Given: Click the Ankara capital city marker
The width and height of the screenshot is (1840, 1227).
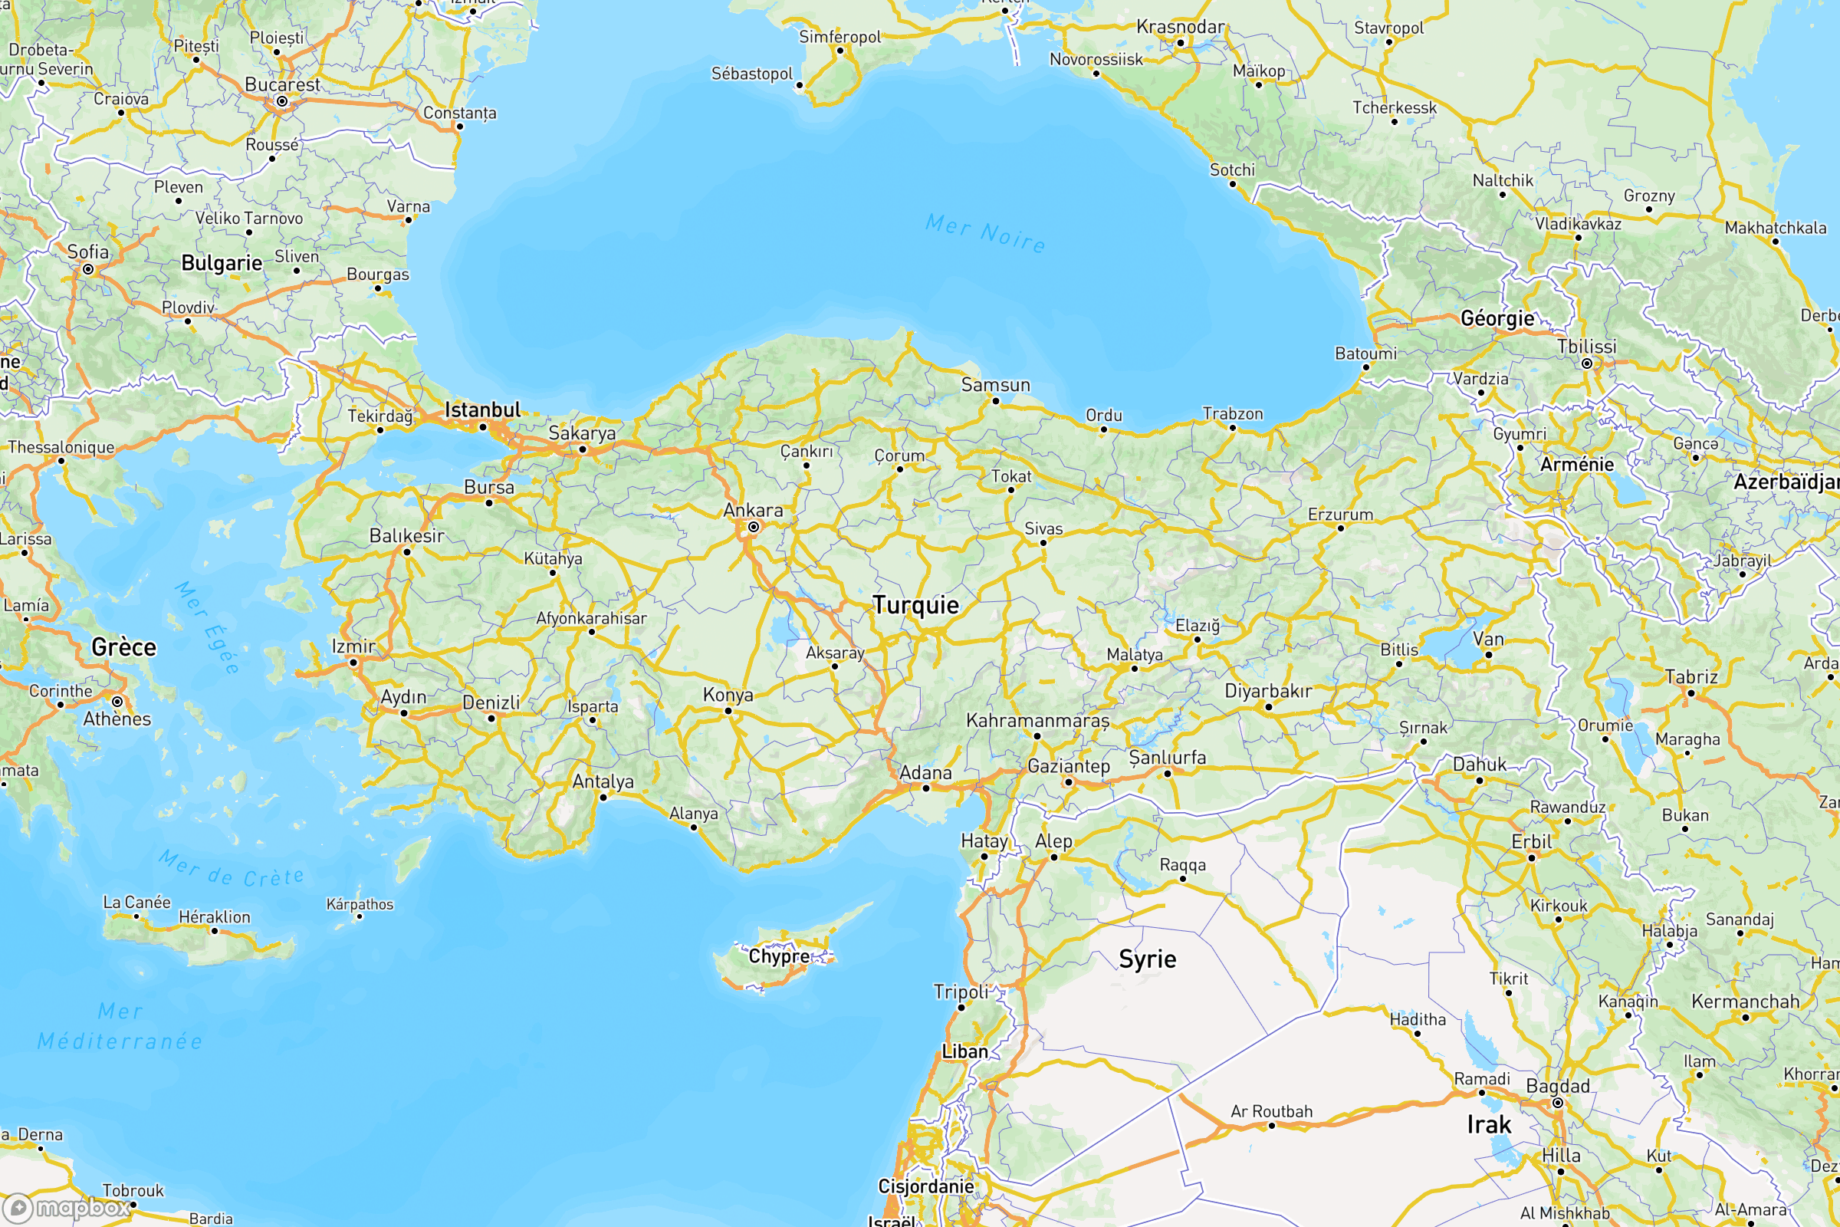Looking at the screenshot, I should (x=754, y=528).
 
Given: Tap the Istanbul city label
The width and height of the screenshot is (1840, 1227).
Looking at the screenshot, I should (x=482, y=410).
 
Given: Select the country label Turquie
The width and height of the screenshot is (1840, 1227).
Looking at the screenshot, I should (x=915, y=605).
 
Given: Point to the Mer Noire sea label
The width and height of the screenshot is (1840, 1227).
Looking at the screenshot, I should (x=985, y=233).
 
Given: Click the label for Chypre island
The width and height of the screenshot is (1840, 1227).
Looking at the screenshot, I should (x=779, y=956).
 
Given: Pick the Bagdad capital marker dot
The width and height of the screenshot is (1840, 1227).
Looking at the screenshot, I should (x=1558, y=1103).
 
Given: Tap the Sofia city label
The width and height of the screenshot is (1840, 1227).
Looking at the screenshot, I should (x=87, y=252).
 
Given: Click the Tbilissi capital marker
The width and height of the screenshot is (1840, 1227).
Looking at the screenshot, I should (x=1586, y=363).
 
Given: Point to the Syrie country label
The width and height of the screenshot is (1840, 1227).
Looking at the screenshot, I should (x=1147, y=959).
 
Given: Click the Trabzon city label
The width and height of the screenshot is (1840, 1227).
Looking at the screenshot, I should (x=1232, y=413).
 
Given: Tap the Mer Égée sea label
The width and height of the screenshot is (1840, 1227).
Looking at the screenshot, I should (x=206, y=627).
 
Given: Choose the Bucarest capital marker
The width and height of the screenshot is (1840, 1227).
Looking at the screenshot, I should (x=281, y=101).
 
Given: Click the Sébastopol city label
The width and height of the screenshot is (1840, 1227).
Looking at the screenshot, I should (x=752, y=74).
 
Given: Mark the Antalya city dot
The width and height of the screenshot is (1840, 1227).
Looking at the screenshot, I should (x=603, y=798).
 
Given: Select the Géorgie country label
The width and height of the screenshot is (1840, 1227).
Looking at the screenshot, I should (x=1497, y=318).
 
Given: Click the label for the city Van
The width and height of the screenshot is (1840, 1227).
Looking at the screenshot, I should (x=1488, y=640).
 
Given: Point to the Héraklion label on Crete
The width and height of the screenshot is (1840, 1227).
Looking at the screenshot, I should (x=215, y=917).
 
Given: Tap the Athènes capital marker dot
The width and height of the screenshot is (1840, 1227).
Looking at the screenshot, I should (x=117, y=702).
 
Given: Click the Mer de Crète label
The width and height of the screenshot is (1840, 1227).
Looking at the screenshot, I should (x=232, y=870).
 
